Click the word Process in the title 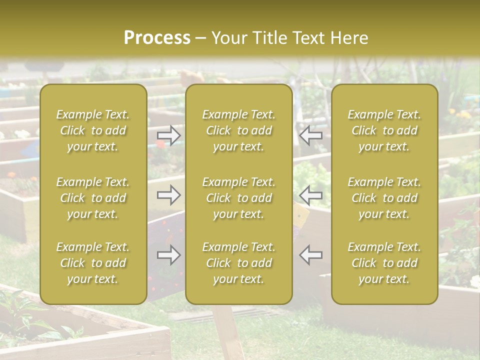click(x=157, y=38)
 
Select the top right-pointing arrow click(x=169, y=135)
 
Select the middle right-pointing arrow click(x=169, y=194)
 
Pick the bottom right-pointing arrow click(x=169, y=255)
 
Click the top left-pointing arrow click(x=311, y=134)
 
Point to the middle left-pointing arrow click(x=311, y=194)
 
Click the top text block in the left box click(x=93, y=130)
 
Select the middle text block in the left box click(x=93, y=198)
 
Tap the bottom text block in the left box click(x=93, y=263)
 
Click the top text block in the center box click(x=238, y=130)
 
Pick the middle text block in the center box click(x=238, y=198)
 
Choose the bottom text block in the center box click(x=238, y=263)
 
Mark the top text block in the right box click(x=384, y=130)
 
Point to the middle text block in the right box click(x=384, y=198)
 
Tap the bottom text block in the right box click(x=384, y=263)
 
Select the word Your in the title click(x=228, y=38)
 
